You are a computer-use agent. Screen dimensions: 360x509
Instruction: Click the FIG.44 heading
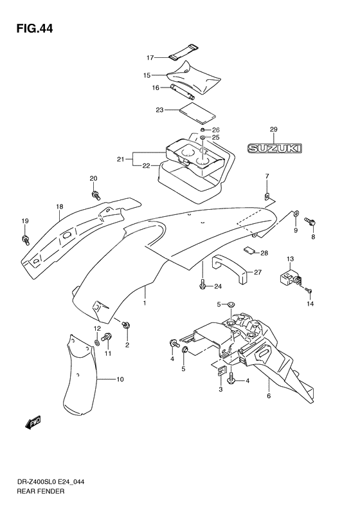tap(34, 28)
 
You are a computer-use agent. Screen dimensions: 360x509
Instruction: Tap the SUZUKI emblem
tap(274, 149)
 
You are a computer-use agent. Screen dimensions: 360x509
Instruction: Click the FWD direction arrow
tap(32, 423)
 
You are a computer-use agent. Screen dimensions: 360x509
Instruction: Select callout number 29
tap(274, 129)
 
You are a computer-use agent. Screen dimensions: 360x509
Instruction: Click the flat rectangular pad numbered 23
tap(197, 113)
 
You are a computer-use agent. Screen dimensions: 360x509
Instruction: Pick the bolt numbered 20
tap(96, 195)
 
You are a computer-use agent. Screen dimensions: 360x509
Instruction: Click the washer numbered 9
tap(296, 214)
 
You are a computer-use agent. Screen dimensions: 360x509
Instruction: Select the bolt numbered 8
tap(310, 222)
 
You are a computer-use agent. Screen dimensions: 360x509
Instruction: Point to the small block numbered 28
tap(249, 250)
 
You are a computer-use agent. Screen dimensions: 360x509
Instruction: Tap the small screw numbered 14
tap(308, 290)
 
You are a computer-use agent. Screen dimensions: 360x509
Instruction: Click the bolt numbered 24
tap(203, 284)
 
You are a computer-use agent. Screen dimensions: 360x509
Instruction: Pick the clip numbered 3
tap(221, 371)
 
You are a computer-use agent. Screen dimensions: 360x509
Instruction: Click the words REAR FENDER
tap(40, 491)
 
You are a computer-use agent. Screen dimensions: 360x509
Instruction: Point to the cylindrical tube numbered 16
tap(183, 91)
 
